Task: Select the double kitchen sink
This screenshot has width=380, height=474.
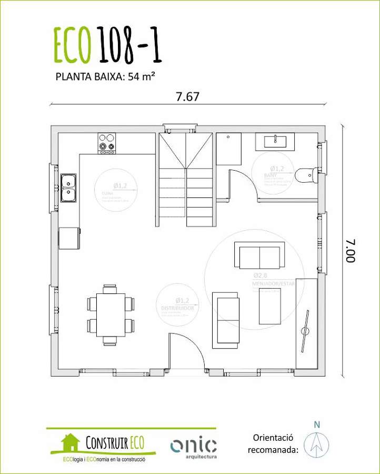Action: (x=68, y=187)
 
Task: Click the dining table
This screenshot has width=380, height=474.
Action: (x=111, y=315)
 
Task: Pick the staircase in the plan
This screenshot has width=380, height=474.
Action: (x=186, y=179)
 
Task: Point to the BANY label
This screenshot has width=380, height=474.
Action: (x=271, y=175)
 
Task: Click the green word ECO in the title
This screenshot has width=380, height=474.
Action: (x=73, y=45)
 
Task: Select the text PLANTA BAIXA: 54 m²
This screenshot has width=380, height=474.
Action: (x=105, y=76)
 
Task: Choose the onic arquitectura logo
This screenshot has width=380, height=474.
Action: (x=193, y=446)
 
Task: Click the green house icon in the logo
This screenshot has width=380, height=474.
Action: (x=70, y=441)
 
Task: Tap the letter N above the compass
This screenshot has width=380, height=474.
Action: (x=316, y=424)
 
